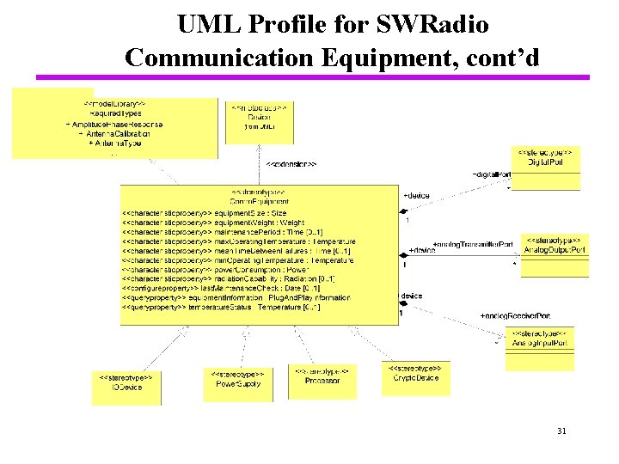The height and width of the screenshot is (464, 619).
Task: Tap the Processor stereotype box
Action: pos(322,379)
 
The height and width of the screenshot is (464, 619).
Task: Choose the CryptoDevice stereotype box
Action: pos(415,377)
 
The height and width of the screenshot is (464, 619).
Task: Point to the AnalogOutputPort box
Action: pos(555,250)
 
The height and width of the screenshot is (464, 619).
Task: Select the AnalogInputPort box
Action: pos(540,342)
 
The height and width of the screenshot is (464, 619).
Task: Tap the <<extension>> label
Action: pos(291,163)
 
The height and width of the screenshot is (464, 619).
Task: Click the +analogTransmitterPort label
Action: pos(472,244)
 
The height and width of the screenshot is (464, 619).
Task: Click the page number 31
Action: pos(563,430)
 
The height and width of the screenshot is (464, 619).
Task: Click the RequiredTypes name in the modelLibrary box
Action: pos(116,113)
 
